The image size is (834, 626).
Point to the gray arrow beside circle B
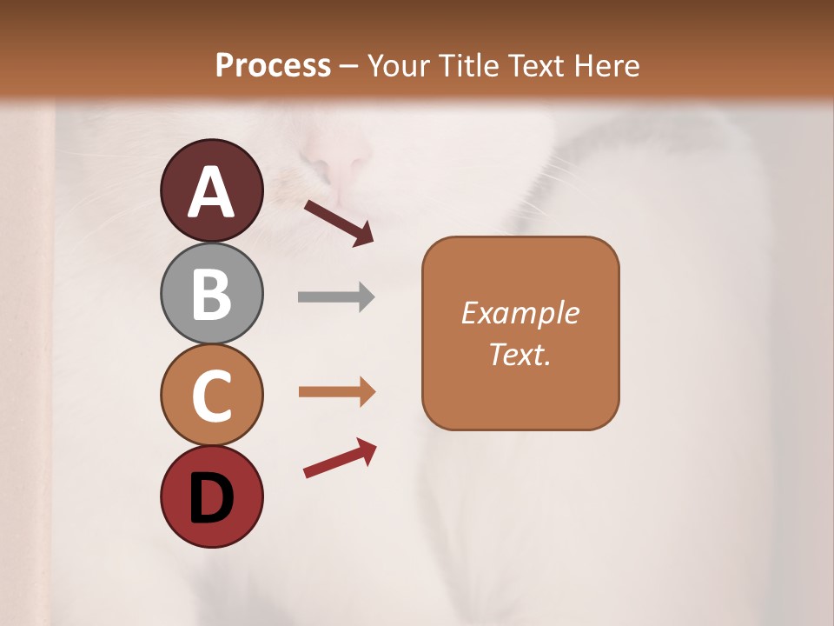[x=336, y=296]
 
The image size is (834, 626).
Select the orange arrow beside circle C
[x=337, y=392]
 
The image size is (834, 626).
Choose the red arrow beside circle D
[x=340, y=458]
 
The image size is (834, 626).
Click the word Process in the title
[x=273, y=65]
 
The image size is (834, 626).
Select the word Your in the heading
[x=400, y=65]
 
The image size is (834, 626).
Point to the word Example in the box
[x=520, y=313]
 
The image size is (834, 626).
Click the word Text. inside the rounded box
[x=520, y=355]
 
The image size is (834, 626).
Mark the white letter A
[x=212, y=192]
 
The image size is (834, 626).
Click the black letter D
[x=212, y=498]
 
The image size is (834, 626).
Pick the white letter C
[x=212, y=396]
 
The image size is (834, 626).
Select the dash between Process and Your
[x=348, y=66]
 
